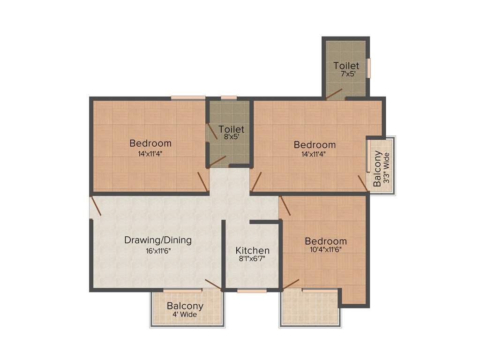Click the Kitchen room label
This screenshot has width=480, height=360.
coord(252,250)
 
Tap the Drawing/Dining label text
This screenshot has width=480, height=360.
coord(157,240)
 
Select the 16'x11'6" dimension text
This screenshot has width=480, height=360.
coord(157,250)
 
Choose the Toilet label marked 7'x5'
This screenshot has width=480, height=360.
coord(346,66)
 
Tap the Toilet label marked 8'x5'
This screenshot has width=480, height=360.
coord(231,129)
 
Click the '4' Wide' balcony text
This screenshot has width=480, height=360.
coord(185,315)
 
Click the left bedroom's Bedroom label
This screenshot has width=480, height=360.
coord(150,143)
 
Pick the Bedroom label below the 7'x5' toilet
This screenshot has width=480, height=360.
coord(315,144)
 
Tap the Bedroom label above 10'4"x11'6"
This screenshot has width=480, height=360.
coord(326,241)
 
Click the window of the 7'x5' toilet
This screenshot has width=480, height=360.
coord(368,68)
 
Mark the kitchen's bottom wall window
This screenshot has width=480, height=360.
coord(252,291)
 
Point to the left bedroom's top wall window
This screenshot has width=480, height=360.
coord(188,97)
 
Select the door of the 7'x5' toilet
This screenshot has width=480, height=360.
coord(335,94)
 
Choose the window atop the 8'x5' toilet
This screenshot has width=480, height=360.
coord(229,97)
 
